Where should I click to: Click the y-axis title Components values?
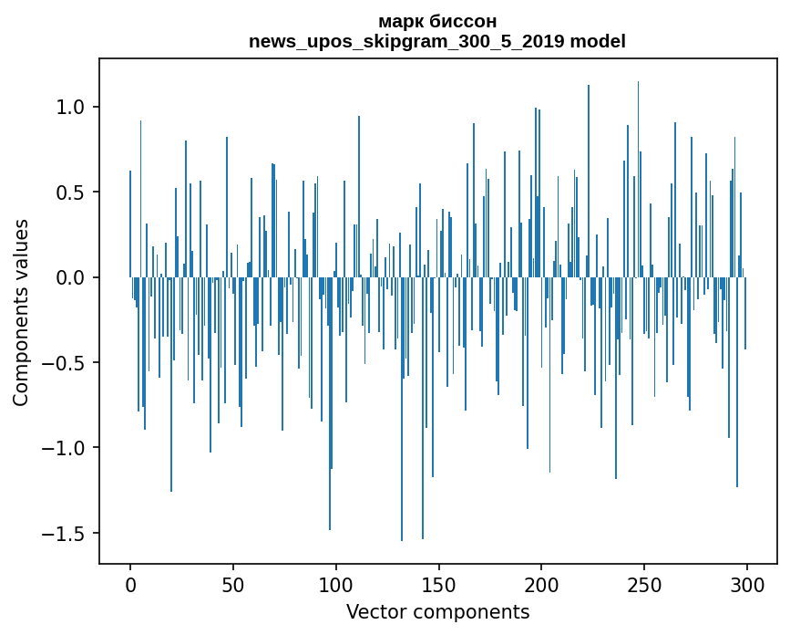[21, 312]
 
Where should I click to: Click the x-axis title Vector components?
[437, 612]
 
